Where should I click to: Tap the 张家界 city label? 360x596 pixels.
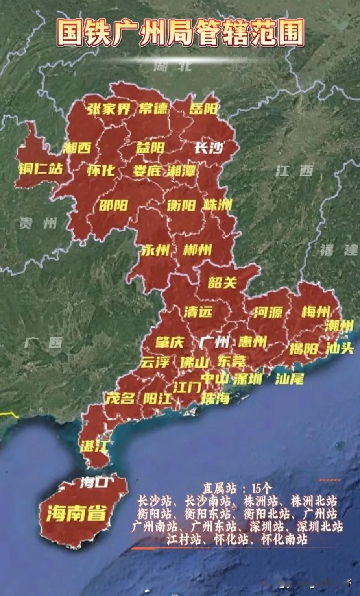coord(109,109)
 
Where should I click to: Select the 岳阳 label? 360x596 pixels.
coord(203,109)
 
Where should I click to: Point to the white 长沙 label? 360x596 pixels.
coord(209,148)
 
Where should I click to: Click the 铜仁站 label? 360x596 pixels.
coord(41,169)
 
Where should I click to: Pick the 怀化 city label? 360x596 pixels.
coord(101,170)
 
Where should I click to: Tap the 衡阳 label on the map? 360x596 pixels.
coord(181,205)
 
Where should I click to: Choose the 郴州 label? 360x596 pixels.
coord(197,250)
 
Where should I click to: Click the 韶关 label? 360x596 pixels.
coord(222,282)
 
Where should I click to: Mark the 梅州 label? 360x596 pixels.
coord(316,312)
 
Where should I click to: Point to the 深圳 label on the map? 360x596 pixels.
coord(247,379)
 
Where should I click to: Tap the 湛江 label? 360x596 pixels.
coord(93,446)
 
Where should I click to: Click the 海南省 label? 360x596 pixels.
coord(76,513)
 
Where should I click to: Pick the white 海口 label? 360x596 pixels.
coord(93,482)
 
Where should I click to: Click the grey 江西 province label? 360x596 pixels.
coord(295,171)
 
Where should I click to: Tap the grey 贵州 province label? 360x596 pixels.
coord(38,224)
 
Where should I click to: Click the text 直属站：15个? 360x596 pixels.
coord(237,489)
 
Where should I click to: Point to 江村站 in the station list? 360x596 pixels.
coord(185,539)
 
